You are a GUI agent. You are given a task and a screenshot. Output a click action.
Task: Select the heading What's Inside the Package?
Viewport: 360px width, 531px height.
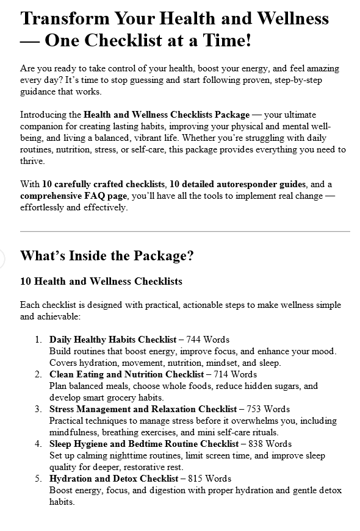pyautogui.click(x=107, y=255)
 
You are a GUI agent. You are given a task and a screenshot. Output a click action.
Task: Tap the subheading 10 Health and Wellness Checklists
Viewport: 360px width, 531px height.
pyautogui.click(x=101, y=281)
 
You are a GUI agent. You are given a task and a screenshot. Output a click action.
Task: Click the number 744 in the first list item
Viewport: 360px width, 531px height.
pyautogui.click(x=195, y=339)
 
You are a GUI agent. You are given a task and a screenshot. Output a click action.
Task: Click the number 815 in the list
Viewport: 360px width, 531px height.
pyautogui.click(x=200, y=479)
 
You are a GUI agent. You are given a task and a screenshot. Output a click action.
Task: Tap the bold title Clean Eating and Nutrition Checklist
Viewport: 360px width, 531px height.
pyautogui.click(x=127, y=374)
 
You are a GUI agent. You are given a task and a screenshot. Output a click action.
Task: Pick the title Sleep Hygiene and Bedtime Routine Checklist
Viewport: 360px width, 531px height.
pyautogui.click(x=144, y=444)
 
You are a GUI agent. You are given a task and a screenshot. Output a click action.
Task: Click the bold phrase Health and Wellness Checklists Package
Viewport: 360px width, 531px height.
pyautogui.click(x=167, y=115)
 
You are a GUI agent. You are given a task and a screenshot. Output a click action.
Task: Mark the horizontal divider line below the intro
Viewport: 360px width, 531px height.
pyautogui.click(x=185, y=232)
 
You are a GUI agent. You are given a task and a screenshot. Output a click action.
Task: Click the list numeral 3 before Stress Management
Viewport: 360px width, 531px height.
pyautogui.click(x=38, y=409)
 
